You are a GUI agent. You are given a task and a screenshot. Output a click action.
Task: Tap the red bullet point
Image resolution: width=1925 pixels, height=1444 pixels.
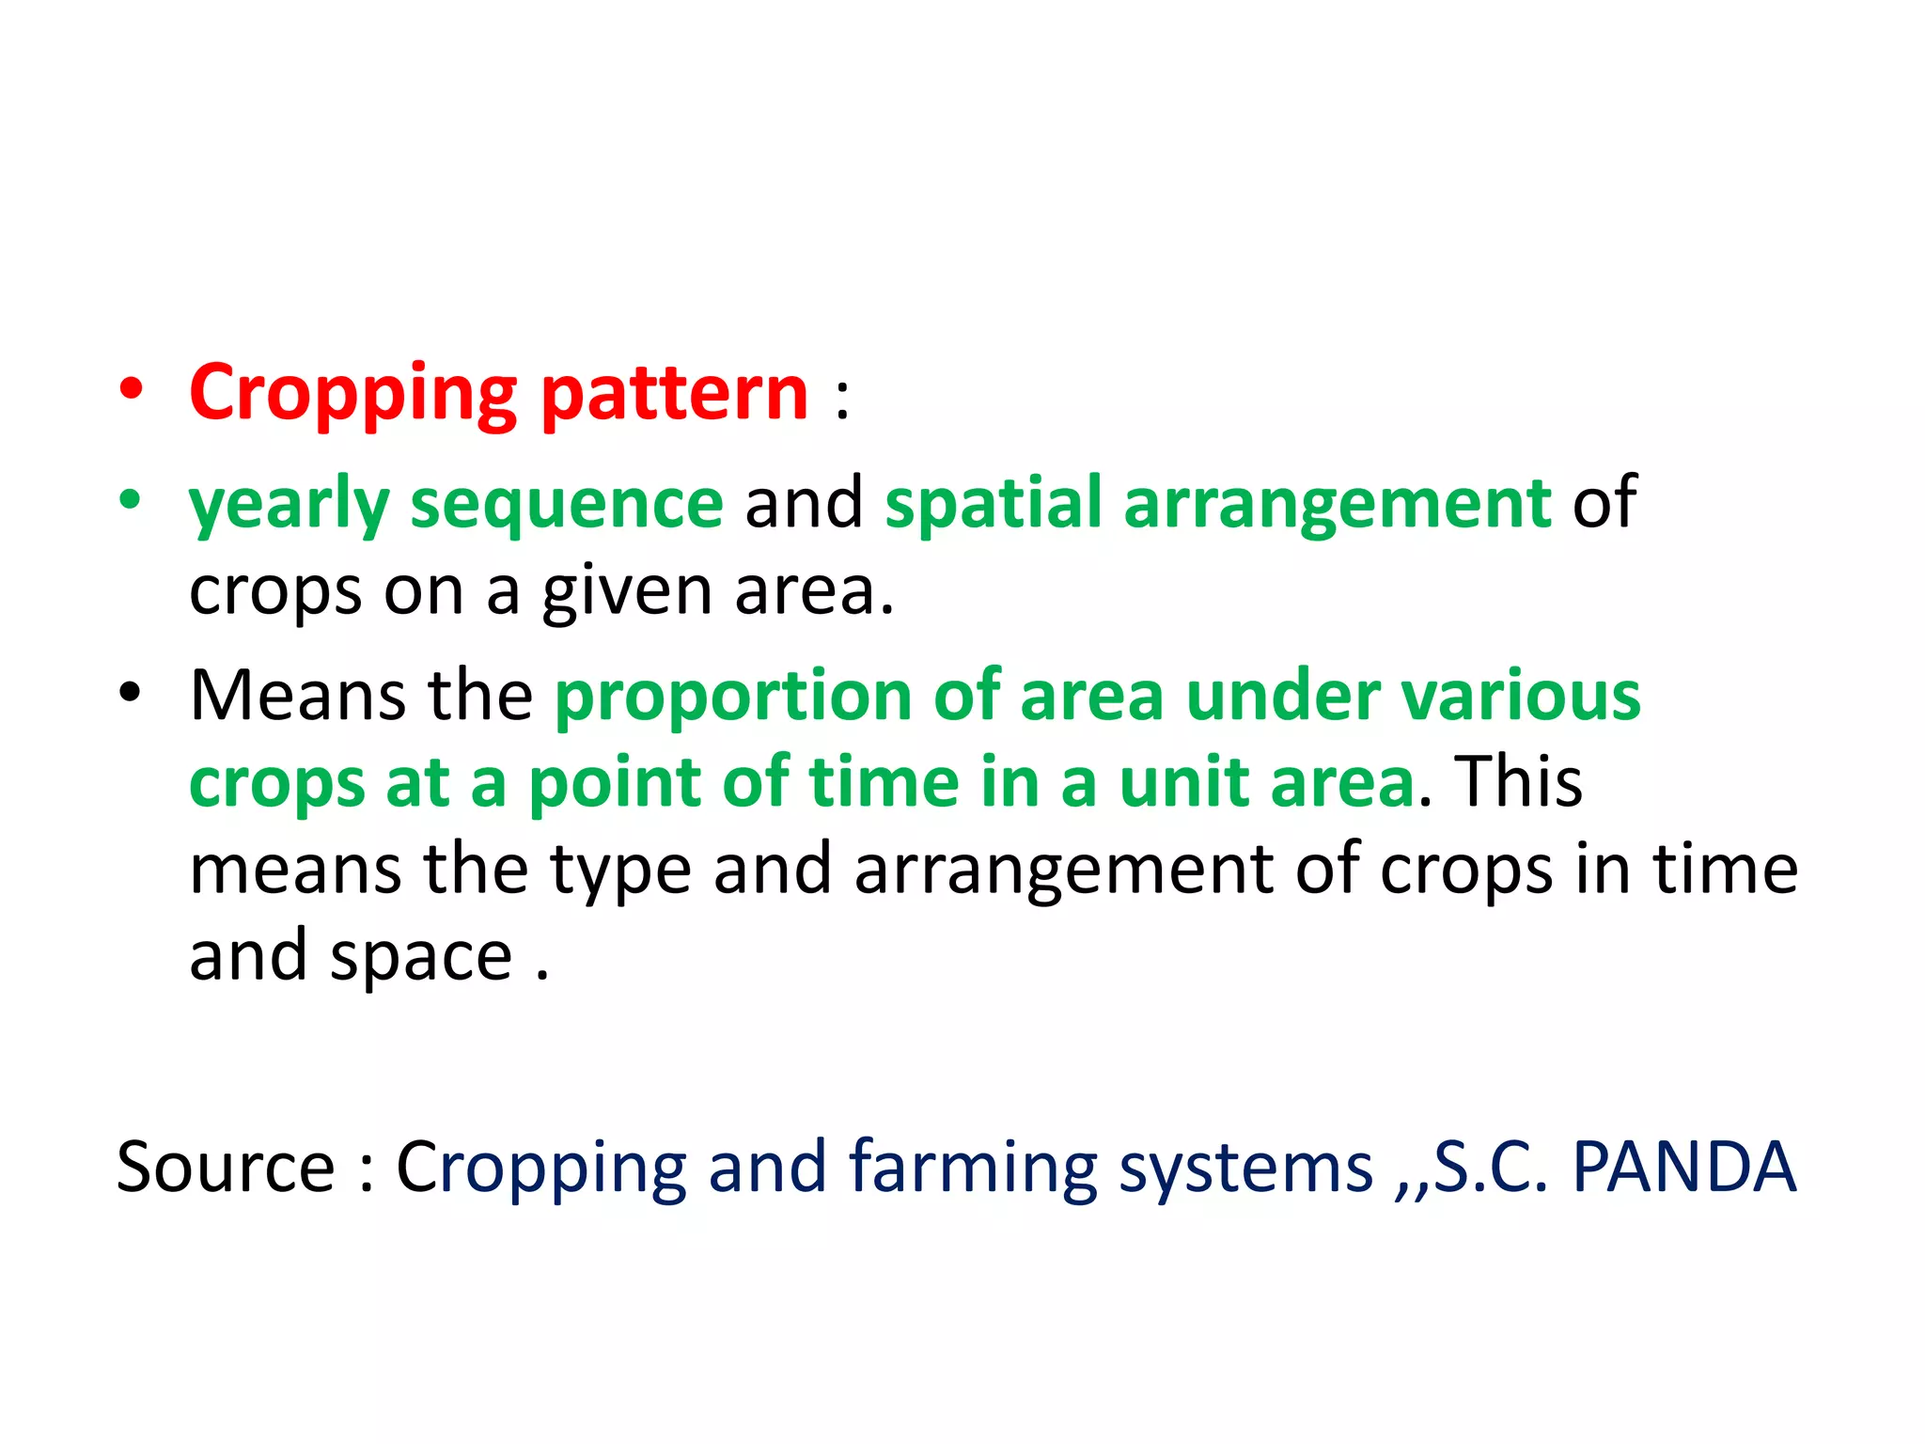132,389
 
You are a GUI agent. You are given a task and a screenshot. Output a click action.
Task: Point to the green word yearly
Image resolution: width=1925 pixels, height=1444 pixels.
289,505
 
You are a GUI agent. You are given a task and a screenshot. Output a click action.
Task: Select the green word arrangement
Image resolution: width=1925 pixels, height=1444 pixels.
1337,505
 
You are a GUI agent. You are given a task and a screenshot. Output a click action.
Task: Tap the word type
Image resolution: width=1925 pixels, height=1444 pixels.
621,871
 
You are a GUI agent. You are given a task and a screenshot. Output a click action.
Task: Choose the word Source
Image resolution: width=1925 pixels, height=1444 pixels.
226,1167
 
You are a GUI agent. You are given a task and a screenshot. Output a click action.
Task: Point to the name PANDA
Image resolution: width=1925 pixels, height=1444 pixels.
1683,1167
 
